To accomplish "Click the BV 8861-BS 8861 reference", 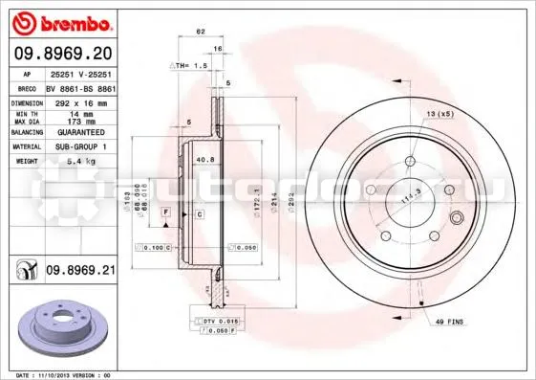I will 80,87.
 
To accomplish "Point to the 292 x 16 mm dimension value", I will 75,101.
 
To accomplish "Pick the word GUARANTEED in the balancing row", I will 76,133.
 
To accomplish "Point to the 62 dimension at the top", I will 201,33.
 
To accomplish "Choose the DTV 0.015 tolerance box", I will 207,320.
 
